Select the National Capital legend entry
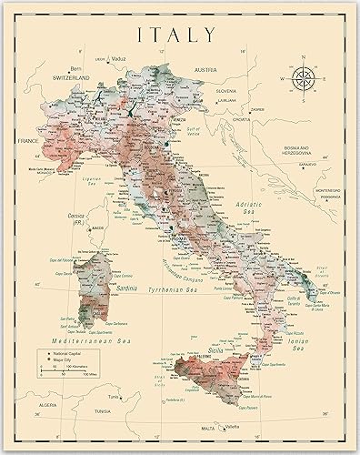point(76,349)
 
